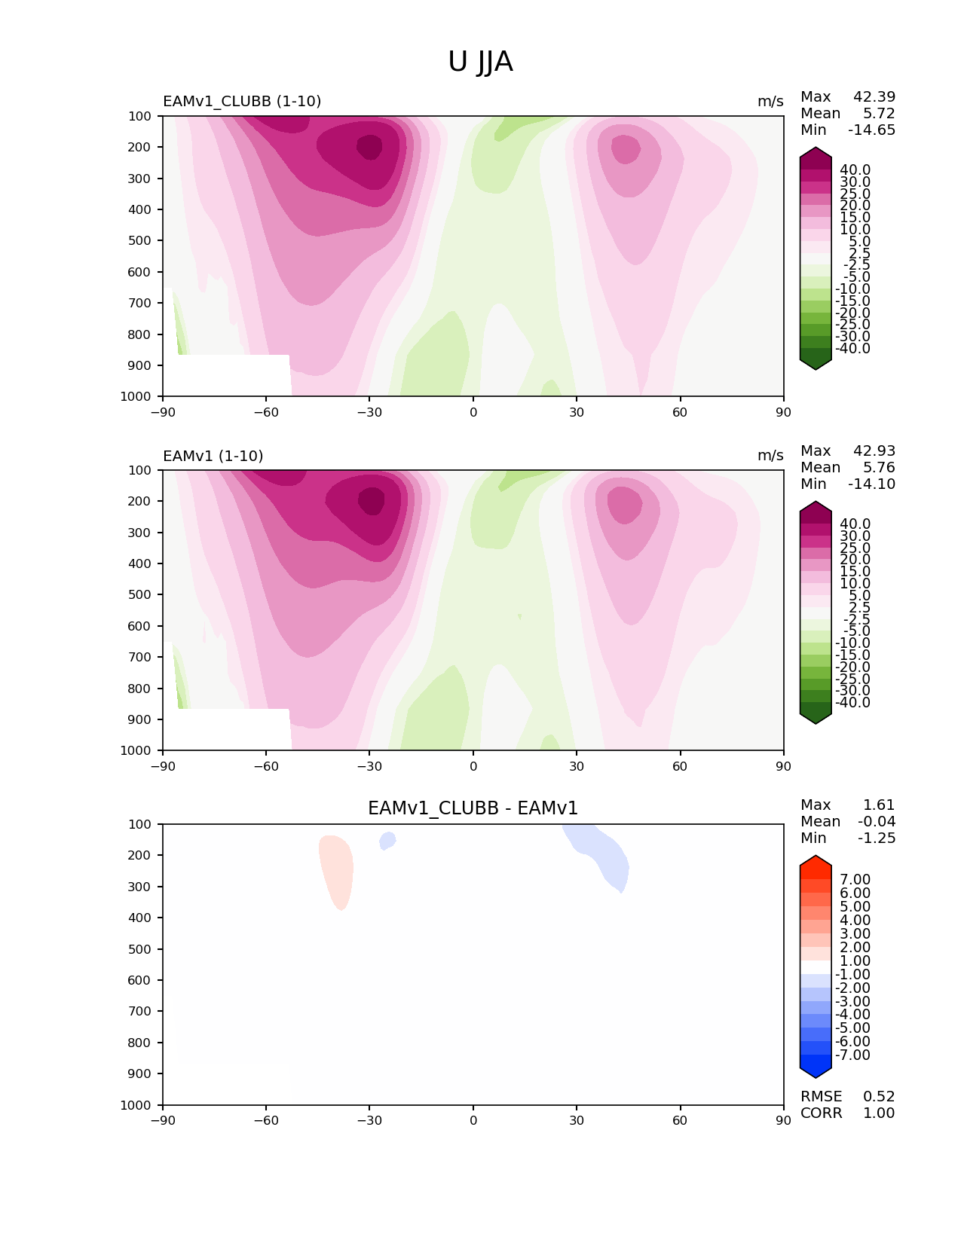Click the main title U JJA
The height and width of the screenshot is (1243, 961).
[480, 62]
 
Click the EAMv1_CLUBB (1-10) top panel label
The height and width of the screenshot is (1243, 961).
[242, 101]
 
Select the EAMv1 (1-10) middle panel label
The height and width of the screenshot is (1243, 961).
[213, 456]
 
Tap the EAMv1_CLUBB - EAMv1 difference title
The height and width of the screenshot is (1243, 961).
[473, 808]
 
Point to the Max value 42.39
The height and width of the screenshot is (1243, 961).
[874, 97]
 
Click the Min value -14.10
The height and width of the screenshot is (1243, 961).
[872, 484]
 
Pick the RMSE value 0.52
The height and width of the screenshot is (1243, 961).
[879, 1097]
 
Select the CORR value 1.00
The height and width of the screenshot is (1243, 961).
[879, 1113]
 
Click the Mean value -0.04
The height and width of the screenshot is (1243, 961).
[877, 822]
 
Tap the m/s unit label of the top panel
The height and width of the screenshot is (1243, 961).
[770, 102]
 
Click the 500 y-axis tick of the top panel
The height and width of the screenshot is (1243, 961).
[140, 241]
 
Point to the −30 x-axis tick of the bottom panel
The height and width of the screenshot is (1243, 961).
[369, 1120]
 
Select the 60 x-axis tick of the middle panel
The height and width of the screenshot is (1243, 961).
[680, 766]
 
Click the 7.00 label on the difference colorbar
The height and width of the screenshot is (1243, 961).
[855, 880]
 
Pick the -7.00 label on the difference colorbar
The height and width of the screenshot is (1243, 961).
[852, 1055]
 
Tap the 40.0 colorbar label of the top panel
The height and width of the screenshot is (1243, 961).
[855, 170]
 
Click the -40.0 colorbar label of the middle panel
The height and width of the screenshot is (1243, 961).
[852, 703]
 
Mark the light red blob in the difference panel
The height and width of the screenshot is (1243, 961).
[336, 870]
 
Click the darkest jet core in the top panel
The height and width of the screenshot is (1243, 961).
[369, 146]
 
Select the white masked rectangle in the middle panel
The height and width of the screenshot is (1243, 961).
[227, 728]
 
